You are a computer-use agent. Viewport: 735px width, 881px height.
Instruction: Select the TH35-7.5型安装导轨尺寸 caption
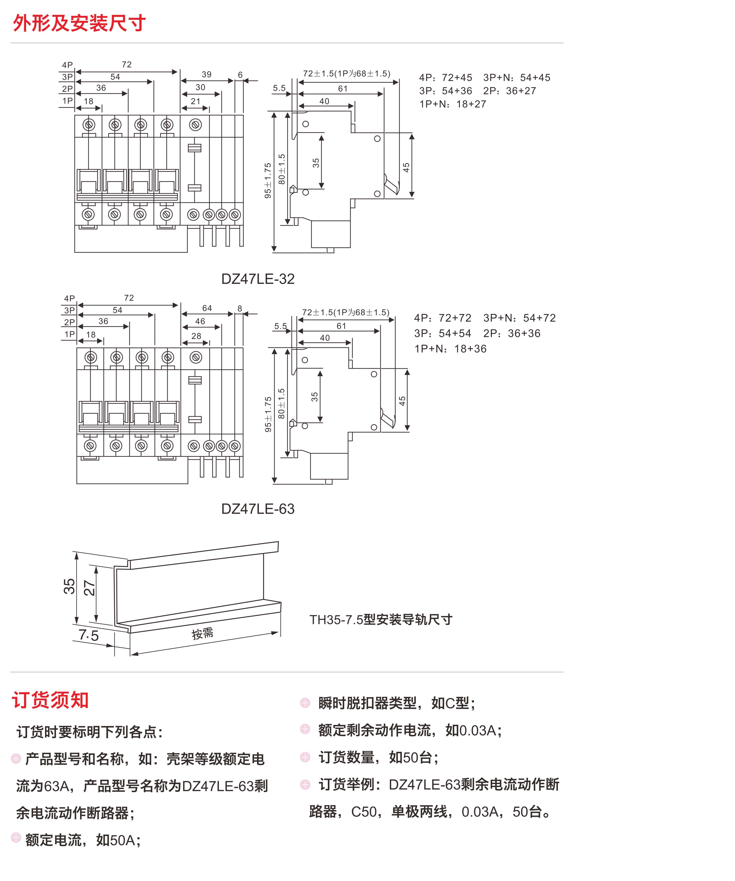381,620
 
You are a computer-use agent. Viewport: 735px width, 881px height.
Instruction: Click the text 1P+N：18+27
453,104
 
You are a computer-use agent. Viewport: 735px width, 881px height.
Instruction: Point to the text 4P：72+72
443,318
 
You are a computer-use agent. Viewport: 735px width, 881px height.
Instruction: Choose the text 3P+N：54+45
517,78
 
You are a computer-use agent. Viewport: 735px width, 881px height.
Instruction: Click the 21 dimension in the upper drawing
196,101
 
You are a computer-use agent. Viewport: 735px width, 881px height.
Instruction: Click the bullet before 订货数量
305,757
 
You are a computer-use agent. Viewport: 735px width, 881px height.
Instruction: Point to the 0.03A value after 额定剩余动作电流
478,730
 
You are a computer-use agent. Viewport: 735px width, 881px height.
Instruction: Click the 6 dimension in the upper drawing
240,75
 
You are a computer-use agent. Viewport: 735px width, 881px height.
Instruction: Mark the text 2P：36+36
512,334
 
